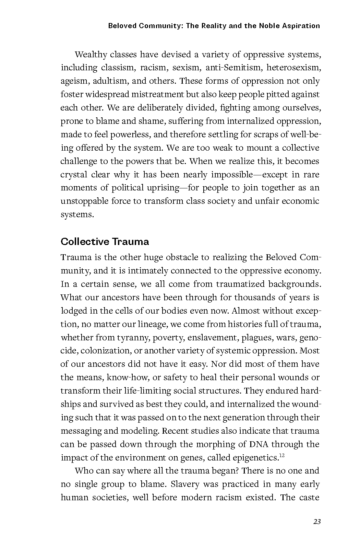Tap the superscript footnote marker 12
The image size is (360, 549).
pos(282,455)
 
